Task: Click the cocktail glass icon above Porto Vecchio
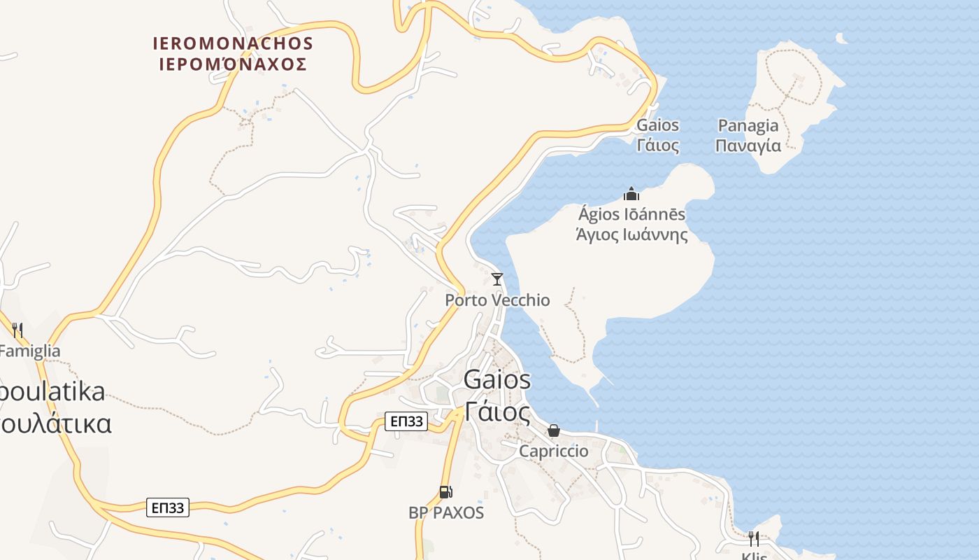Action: click(x=497, y=279)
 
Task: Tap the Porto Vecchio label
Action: click(x=497, y=300)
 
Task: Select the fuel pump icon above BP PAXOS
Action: click(x=445, y=492)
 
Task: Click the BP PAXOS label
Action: click(x=446, y=513)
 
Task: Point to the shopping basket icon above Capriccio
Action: click(x=554, y=430)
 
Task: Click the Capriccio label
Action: click(x=553, y=451)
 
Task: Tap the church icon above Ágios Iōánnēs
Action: click(x=631, y=194)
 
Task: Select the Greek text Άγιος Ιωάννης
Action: click(x=631, y=235)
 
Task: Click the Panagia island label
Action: click(x=748, y=126)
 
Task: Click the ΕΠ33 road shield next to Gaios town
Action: click(x=406, y=421)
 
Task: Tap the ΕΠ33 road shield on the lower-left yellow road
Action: click(x=168, y=507)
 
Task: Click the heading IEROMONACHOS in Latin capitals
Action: click(x=233, y=43)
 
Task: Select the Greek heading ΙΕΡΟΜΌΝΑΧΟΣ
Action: click(x=233, y=64)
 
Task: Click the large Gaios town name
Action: click(x=497, y=380)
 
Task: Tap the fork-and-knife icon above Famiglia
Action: click(x=17, y=330)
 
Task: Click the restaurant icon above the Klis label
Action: click(x=753, y=538)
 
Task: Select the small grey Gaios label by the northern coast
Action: click(x=657, y=126)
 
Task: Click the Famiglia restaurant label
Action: click(x=29, y=351)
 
